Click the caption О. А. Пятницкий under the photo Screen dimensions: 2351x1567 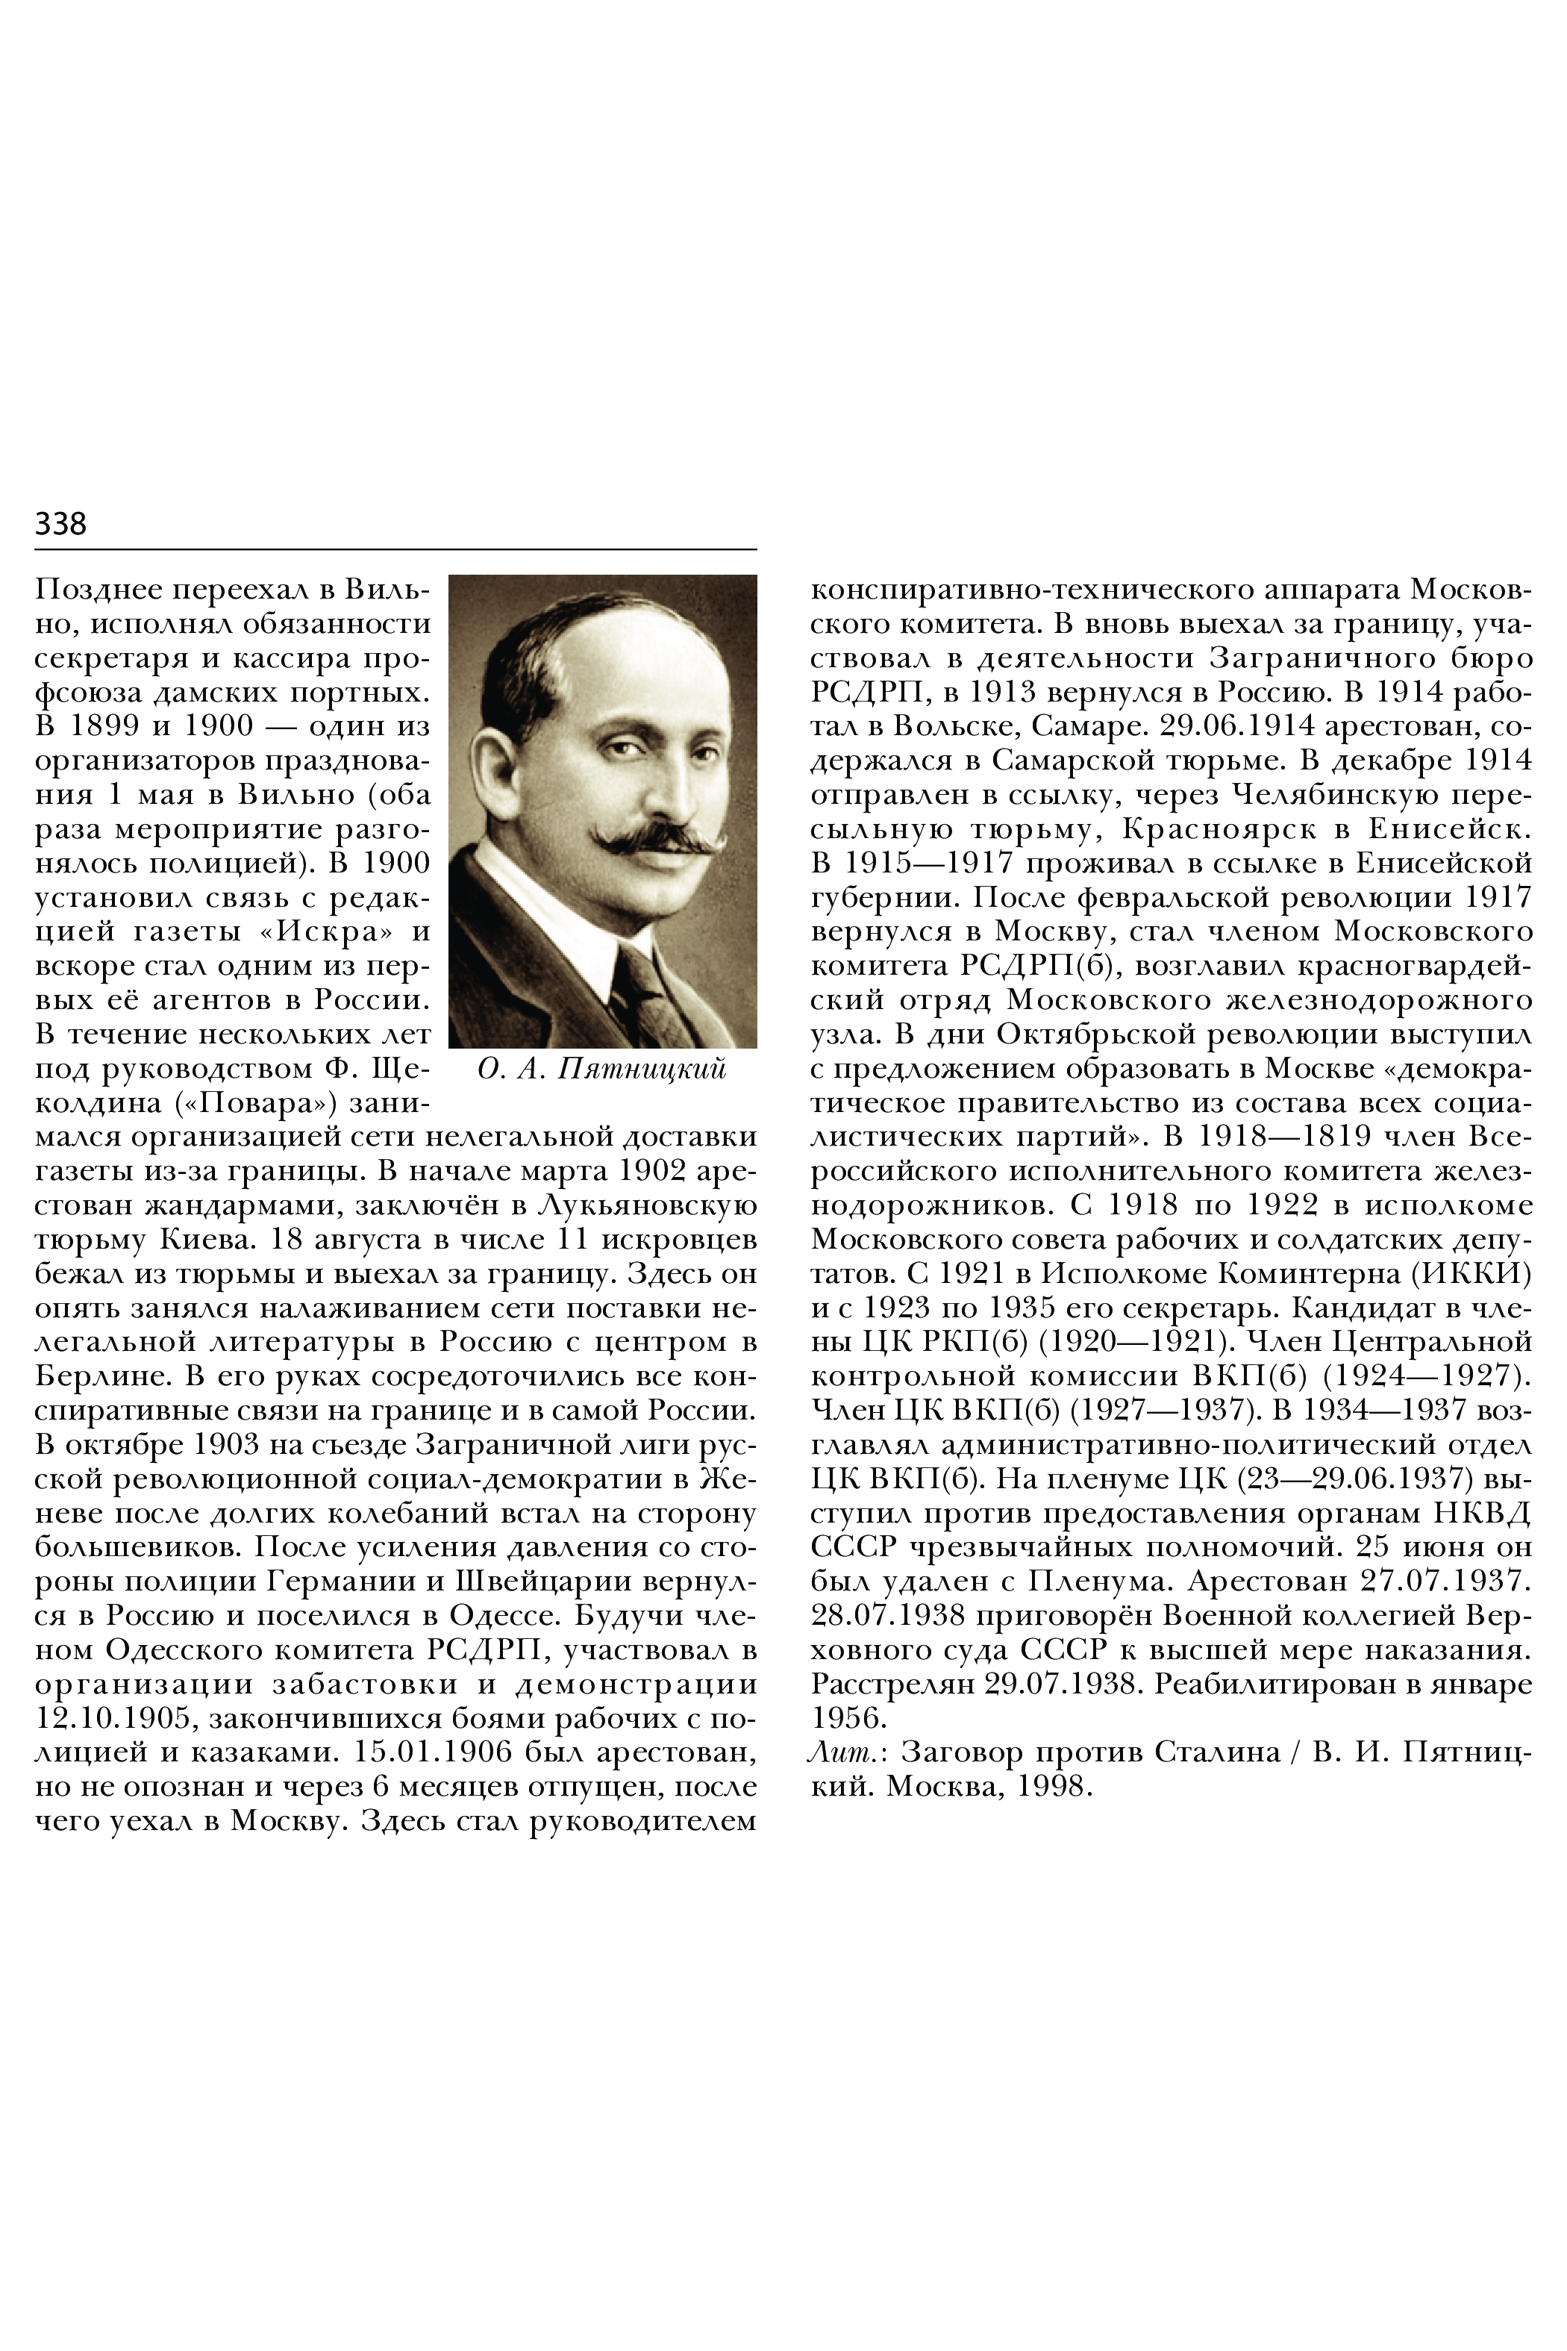pyautogui.click(x=601, y=1069)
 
